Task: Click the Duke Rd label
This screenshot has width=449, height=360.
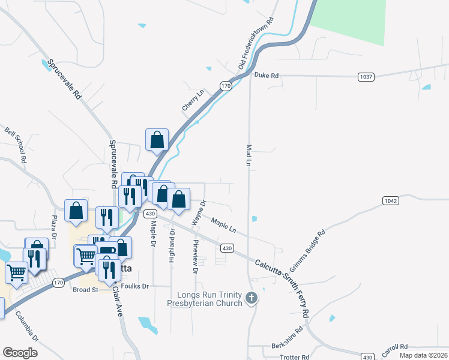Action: pyautogui.click(x=267, y=76)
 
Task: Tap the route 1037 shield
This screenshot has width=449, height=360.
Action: pyautogui.click(x=366, y=76)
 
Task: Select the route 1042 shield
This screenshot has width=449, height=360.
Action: pyautogui.click(x=391, y=200)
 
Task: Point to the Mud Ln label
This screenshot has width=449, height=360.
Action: pyautogui.click(x=248, y=155)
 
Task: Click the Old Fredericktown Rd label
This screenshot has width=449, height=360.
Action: pyautogui.click(x=256, y=43)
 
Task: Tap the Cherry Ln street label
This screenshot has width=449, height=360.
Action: pyautogui.click(x=193, y=100)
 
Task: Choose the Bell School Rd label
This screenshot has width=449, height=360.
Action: pyautogui.click(x=16, y=145)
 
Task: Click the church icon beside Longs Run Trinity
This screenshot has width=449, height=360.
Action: pyautogui.click(x=252, y=297)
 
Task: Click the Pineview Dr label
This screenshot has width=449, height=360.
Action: pyautogui.click(x=195, y=256)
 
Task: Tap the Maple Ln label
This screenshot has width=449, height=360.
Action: pyautogui.click(x=223, y=226)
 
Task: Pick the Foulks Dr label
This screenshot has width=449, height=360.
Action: pyautogui.click(x=134, y=286)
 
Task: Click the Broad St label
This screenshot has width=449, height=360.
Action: pyautogui.click(x=85, y=290)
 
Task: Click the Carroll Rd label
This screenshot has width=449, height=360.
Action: pyautogui.click(x=395, y=347)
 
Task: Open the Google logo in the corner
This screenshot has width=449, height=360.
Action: pyautogui.click(x=20, y=353)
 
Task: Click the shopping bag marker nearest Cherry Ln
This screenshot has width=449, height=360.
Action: pyautogui.click(x=157, y=140)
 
